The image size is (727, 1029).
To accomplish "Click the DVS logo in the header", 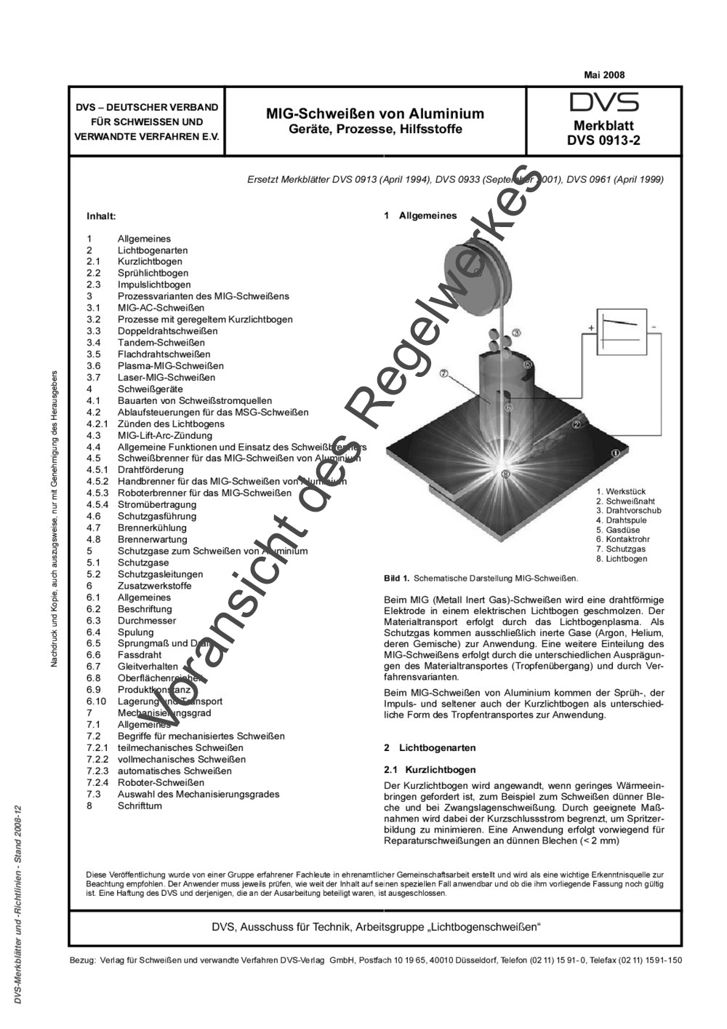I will (603, 102).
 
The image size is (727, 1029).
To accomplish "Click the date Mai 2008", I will (603, 75).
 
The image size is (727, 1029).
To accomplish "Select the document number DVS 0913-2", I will (603, 141).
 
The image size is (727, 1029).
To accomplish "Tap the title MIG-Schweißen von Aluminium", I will (374, 114).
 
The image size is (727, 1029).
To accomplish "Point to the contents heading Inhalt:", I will (101, 216).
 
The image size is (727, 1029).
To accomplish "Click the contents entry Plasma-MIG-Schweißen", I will (170, 366).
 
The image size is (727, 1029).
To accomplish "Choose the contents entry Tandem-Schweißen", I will (161, 343).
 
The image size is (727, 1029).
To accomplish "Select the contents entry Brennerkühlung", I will (152, 528).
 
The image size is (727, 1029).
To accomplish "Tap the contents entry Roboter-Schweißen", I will (161, 783).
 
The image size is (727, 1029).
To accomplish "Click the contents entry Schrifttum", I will (140, 806).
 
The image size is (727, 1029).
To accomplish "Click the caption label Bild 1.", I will (397, 579).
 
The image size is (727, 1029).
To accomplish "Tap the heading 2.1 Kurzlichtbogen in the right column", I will (430, 770).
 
